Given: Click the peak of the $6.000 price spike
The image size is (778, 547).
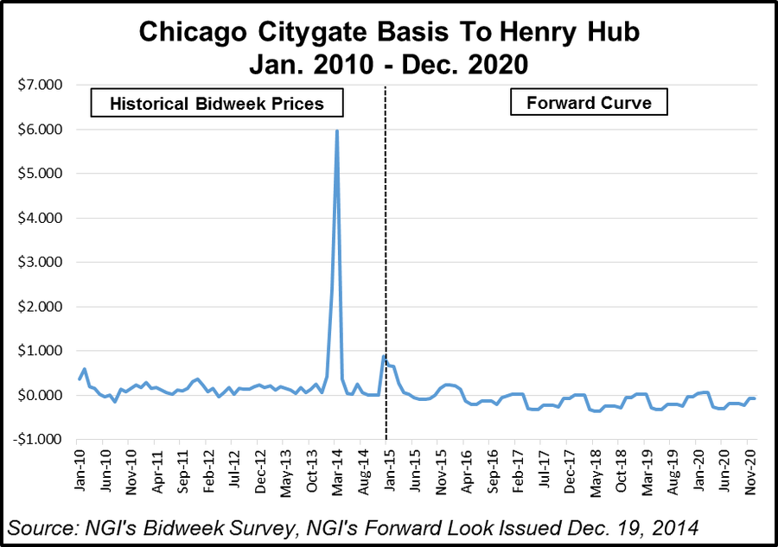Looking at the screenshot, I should [x=336, y=130].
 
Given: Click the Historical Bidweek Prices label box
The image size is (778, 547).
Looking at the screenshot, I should [x=217, y=104].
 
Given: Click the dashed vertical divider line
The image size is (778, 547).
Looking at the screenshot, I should [x=386, y=259].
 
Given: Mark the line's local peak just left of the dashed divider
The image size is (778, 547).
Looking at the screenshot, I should [x=383, y=356].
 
